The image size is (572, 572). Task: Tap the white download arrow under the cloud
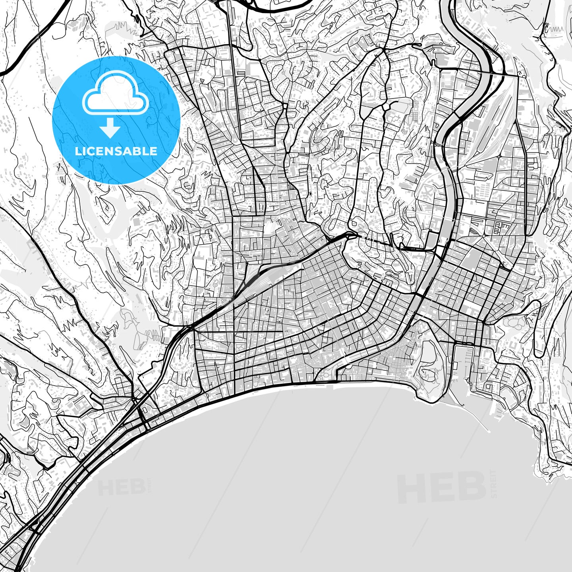coord(110,128)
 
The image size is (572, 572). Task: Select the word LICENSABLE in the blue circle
coord(116,151)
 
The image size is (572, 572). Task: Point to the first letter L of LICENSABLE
coord(78,151)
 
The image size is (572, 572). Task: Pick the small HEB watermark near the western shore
coord(121,487)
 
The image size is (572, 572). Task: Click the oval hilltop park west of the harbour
coord(429,365)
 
